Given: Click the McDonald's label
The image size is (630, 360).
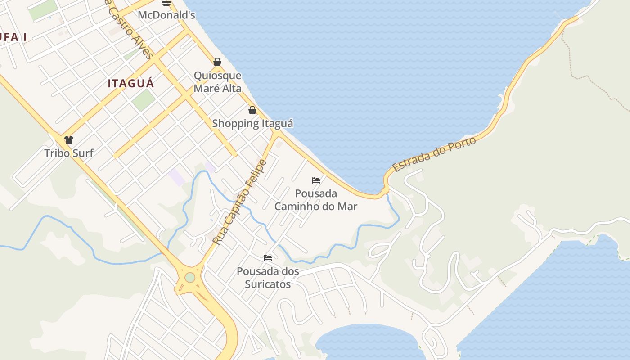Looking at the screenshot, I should (166, 15).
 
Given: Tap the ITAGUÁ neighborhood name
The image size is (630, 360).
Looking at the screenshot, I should (131, 83).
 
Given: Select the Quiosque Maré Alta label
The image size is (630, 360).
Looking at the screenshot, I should (218, 82).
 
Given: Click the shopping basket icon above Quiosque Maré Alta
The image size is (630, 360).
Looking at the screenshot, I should (217, 62).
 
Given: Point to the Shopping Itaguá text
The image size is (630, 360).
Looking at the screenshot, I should (252, 123).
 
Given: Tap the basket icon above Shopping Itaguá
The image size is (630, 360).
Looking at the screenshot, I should (252, 110).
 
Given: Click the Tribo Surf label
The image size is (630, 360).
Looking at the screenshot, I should (69, 153).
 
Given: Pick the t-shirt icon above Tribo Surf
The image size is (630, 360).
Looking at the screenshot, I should (69, 140).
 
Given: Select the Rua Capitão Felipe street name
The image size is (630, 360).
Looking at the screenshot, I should (240, 202).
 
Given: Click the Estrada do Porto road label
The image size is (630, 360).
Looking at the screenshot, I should (434, 154).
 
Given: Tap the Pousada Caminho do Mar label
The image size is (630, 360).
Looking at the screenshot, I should (316, 200).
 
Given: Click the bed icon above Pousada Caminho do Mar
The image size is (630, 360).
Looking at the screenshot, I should (316, 180).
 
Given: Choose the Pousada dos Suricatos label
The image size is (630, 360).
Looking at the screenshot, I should (268, 278).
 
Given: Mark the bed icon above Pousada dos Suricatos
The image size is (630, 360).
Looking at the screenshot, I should (268, 258).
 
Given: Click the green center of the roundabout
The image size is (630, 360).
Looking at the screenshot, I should (190, 278).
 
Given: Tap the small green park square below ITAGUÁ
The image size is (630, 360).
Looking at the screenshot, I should (144, 100).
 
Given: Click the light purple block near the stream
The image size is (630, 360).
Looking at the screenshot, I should (177, 177).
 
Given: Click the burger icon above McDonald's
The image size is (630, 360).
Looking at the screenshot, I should (166, 2).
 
